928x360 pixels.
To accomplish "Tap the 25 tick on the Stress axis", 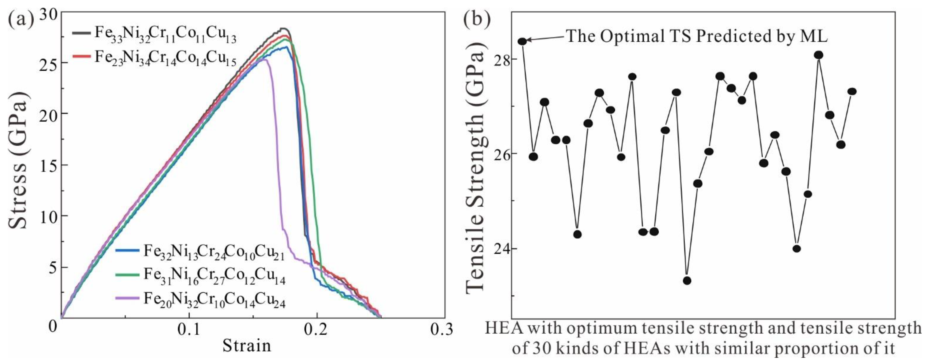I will [x=49, y=63].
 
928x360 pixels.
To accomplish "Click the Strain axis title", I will [x=247, y=346].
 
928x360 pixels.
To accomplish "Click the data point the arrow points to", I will [x=522, y=41].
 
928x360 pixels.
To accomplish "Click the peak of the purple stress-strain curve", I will [x=265, y=60].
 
